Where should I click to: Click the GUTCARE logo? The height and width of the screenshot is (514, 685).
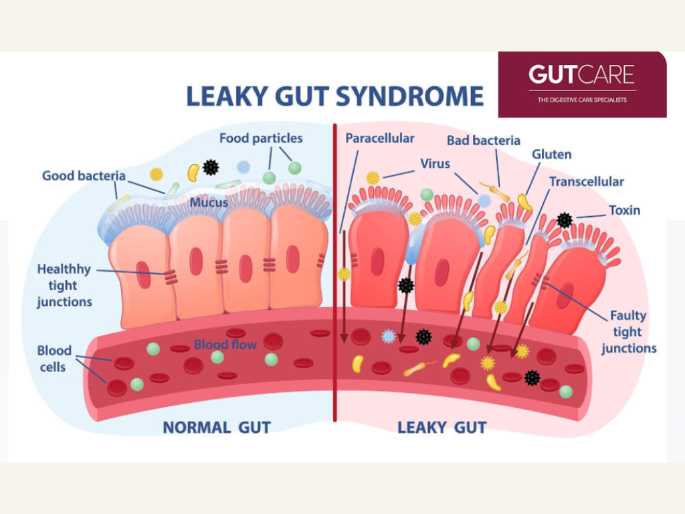pos(581,74)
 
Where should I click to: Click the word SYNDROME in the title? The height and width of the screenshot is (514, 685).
pos(409,96)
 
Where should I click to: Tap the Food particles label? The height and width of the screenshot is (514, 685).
pos(261,139)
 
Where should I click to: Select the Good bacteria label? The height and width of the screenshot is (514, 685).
pos(84,176)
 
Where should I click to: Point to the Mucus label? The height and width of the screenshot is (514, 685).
pos(209,202)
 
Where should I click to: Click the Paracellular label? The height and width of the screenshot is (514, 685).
pos(379,139)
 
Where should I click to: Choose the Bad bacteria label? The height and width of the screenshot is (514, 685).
pos(483,141)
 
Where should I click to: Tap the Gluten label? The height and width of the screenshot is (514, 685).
pos(551,155)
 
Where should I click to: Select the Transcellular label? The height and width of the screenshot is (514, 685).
pos(586,181)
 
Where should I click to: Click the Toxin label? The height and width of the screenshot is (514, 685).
pos(624,210)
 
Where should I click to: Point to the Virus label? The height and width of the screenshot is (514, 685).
pos(435,163)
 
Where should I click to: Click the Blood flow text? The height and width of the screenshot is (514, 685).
pos(225,345)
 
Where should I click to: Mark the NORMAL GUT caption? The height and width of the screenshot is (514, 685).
pos(217,427)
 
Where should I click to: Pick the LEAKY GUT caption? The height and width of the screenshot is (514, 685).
pos(442,427)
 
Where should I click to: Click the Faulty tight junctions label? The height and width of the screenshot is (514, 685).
pos(628,332)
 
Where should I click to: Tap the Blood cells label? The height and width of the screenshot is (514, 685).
pos(54,359)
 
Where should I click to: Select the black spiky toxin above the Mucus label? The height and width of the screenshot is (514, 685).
pos(211,167)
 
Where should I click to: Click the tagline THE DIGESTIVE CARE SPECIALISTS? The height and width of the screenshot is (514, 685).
pos(582,100)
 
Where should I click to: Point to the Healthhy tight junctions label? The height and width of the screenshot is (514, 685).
pos(64,286)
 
